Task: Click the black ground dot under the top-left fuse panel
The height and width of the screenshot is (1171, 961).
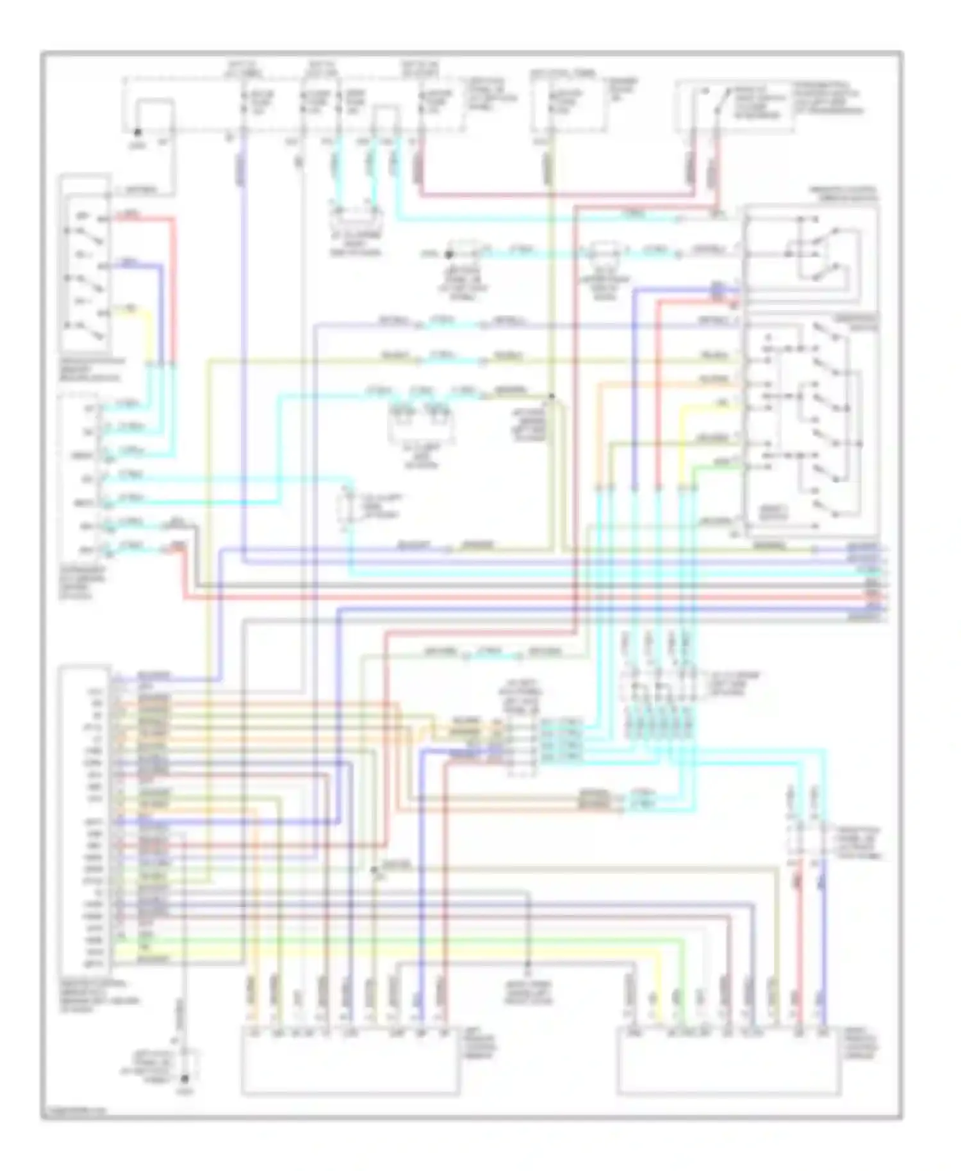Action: [x=136, y=133]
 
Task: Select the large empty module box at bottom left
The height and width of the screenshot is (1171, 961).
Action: [x=350, y=1061]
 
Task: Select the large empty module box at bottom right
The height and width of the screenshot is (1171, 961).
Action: [x=728, y=1061]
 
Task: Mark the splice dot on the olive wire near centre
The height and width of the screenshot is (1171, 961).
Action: [x=551, y=397]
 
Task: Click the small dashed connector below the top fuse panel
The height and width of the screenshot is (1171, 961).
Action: [x=356, y=218]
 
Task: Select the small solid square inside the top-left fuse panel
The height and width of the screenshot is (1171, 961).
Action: [x=154, y=115]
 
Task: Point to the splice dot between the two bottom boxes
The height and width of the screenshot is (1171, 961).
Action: [x=528, y=964]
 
